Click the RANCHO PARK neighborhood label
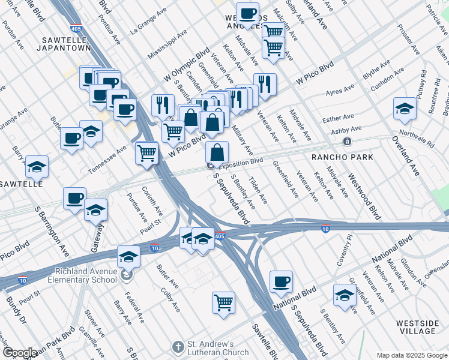(342, 157)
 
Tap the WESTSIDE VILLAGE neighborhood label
(417, 327)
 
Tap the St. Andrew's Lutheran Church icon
(177, 347)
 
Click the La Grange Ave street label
(148, 22)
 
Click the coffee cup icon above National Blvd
(281, 281)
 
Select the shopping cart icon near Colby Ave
(223, 302)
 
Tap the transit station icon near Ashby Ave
(347, 141)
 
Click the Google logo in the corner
(19, 353)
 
